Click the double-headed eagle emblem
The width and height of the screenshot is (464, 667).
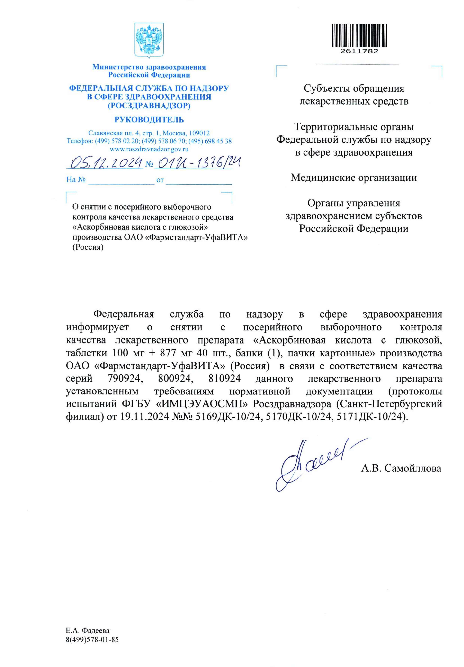tap(149, 40)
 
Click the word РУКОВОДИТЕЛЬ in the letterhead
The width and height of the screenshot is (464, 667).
tap(149, 120)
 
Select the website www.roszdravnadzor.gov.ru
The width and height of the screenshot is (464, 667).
tap(149, 149)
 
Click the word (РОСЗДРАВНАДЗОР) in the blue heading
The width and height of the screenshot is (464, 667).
tap(149, 106)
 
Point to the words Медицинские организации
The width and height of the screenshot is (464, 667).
tap(354, 177)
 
